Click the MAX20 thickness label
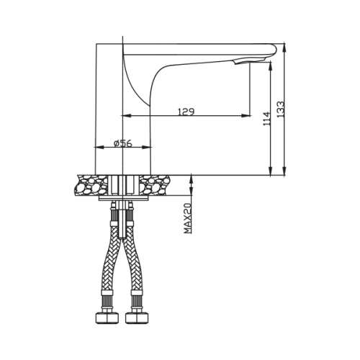186,217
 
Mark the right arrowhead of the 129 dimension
247,115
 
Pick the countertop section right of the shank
157,185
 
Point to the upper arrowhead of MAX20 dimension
192,178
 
